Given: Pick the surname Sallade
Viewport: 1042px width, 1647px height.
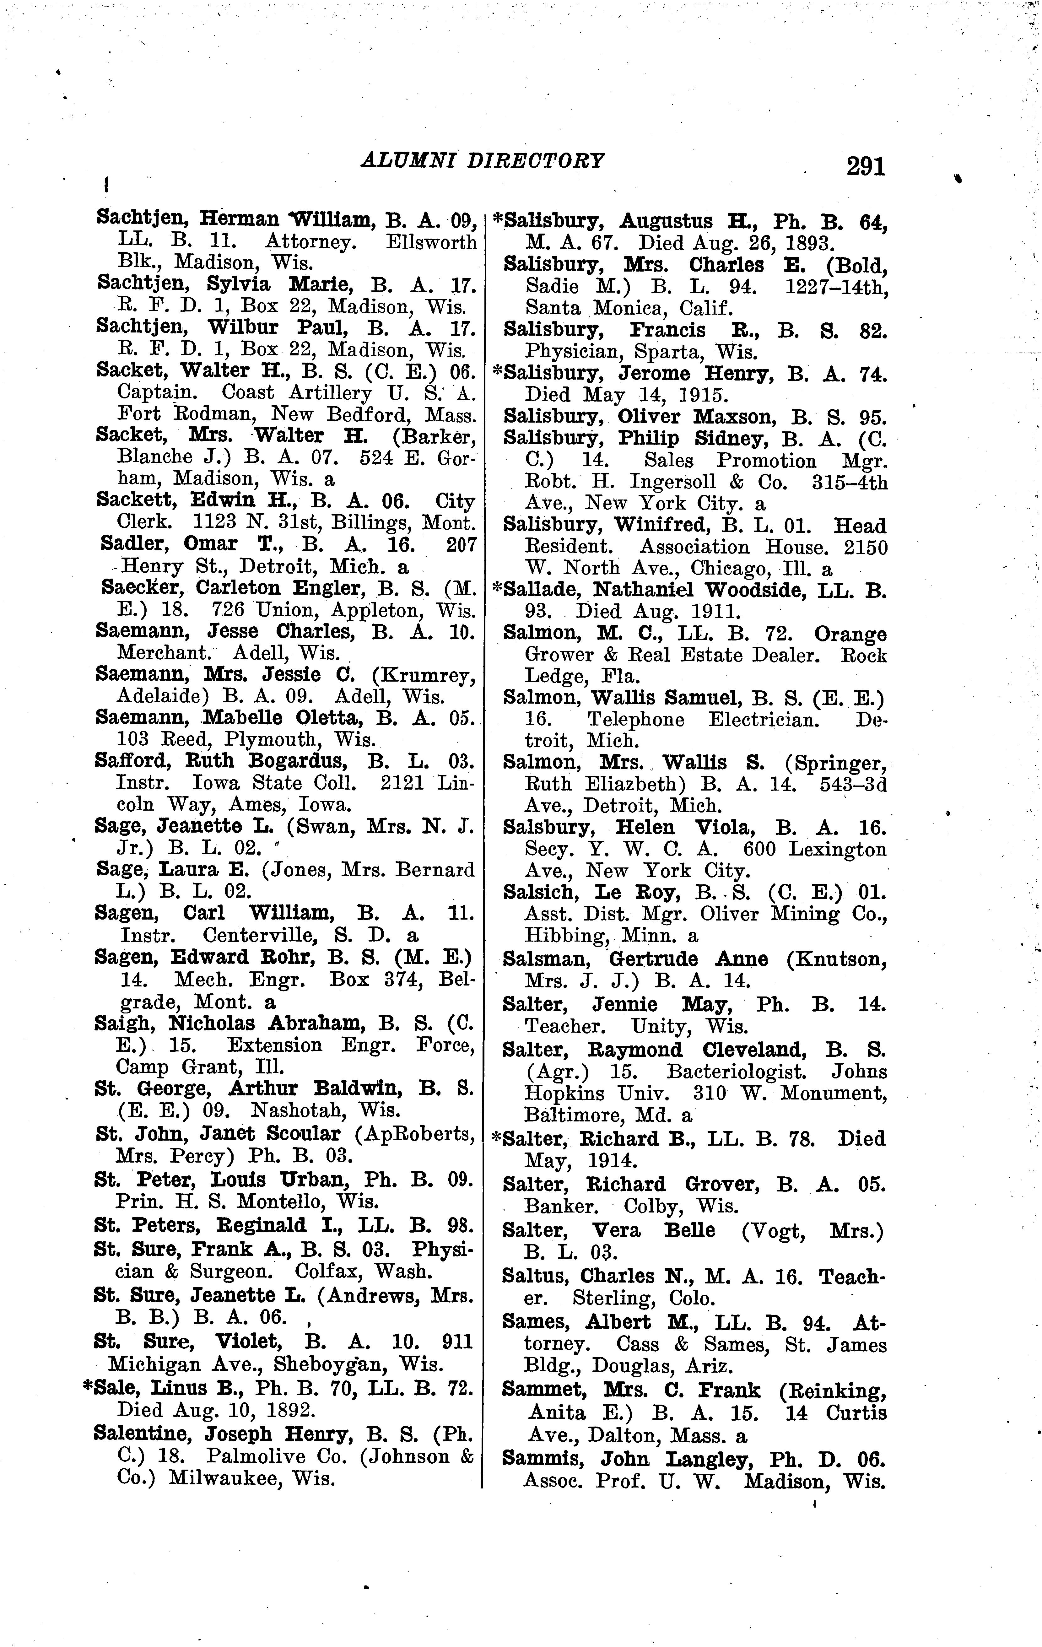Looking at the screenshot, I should tap(543, 590).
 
